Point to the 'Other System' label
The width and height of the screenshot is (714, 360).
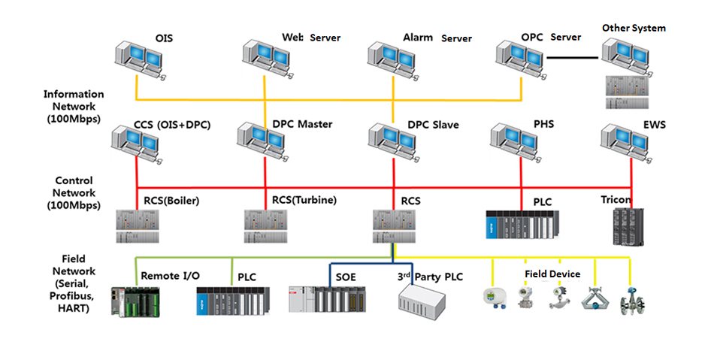tap(634, 28)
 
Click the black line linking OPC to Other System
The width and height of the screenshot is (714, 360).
tap(574, 56)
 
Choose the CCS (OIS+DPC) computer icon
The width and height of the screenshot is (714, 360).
tap(138, 143)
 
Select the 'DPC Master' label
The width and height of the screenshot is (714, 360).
tap(301, 124)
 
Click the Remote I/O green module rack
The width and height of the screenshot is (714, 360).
tap(136, 301)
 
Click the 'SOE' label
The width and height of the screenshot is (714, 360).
tap(346, 277)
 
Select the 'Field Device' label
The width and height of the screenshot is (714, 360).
tap(552, 274)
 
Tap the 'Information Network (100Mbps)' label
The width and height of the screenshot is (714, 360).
tap(74, 106)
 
